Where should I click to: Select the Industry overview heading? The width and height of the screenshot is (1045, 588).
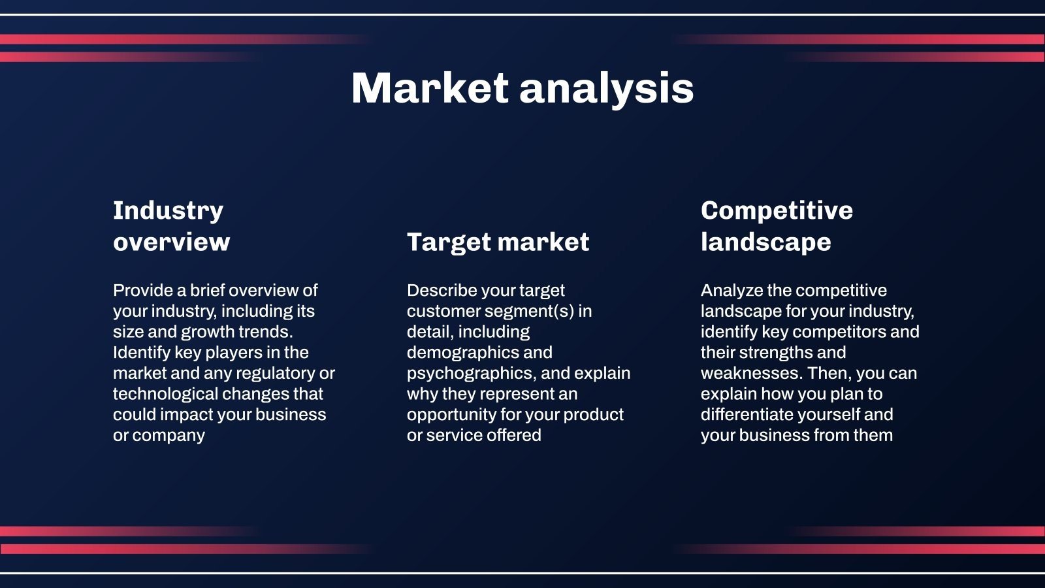point(171,226)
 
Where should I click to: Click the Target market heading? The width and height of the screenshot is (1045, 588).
point(498,242)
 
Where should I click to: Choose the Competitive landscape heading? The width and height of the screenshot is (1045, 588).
point(777,226)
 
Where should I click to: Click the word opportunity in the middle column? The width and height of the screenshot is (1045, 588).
point(451,415)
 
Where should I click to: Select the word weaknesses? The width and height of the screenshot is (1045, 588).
point(751,373)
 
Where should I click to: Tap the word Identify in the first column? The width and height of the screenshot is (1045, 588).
point(141,353)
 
